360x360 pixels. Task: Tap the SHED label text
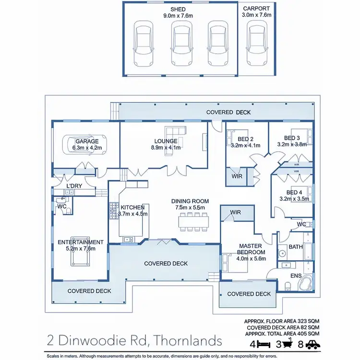pos(178,10)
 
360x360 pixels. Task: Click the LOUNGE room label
pos(166,141)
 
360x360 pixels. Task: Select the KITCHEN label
pos(132,207)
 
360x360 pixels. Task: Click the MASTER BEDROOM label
pos(252,249)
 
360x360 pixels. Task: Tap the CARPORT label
pos(257,9)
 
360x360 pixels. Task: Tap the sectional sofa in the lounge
pos(175,132)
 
